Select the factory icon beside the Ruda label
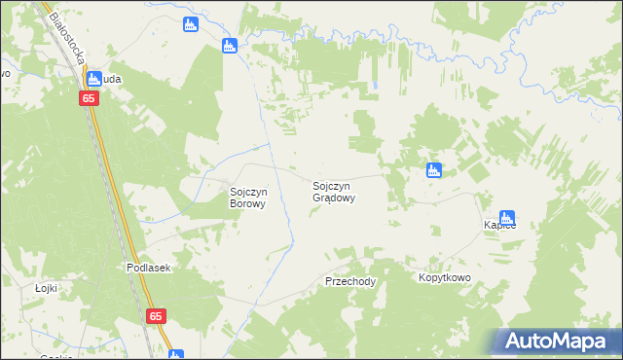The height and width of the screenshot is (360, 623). coord(94,80)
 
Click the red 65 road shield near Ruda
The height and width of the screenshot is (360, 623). coord(89,98)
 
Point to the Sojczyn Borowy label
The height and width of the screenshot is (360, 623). coord(247,198)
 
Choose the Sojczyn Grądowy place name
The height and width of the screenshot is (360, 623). coord(333,191)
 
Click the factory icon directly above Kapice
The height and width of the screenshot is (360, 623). coord(506,218)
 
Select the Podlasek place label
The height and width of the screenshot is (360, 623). coord(148,268)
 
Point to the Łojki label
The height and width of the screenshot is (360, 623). coord(47,288)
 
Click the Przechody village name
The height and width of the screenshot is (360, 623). coord(350,280)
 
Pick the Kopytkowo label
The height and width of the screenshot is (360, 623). coord(445,278)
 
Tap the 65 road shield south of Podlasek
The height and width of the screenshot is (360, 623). coord(157,316)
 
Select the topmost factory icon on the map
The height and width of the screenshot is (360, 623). coord(191,24)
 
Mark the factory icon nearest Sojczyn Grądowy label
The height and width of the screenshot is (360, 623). coord(434,171)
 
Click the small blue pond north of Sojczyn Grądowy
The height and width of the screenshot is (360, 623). coord(372,89)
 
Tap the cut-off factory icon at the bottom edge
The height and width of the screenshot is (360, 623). coord(175,355)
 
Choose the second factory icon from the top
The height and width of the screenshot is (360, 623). coord(230,45)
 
